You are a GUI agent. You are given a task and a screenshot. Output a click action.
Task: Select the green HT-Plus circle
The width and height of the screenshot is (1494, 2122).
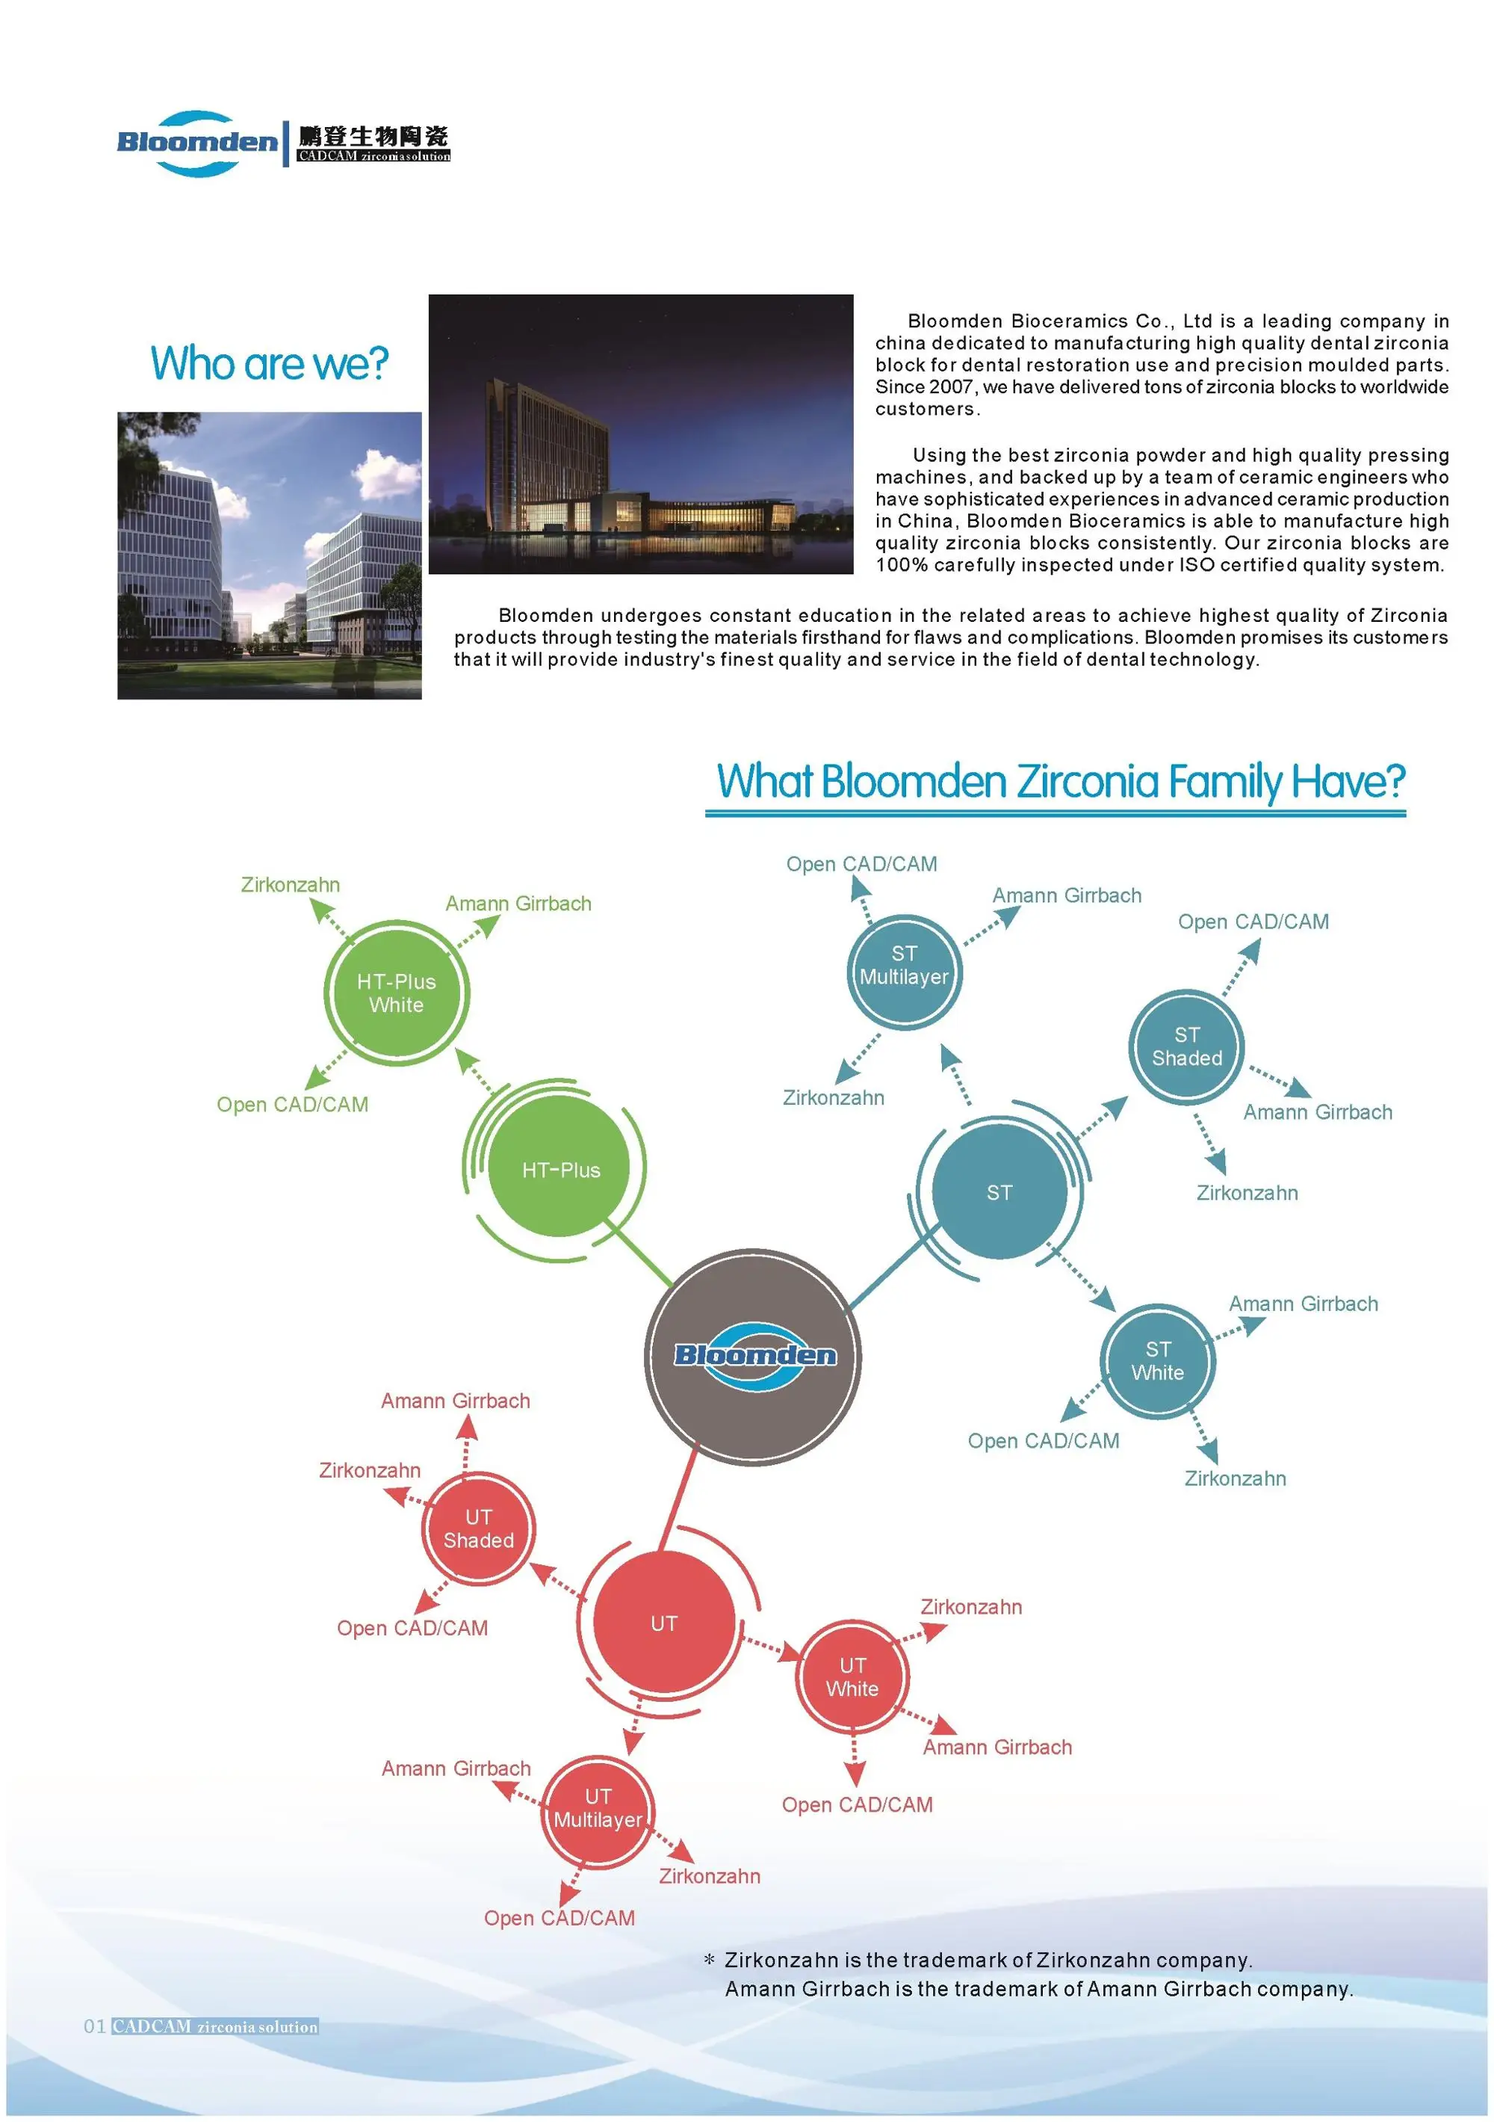click(560, 1170)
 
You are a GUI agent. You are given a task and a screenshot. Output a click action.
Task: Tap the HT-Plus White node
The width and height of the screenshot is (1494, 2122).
click(397, 993)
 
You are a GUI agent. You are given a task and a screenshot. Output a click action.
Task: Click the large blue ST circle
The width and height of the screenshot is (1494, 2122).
click(999, 1192)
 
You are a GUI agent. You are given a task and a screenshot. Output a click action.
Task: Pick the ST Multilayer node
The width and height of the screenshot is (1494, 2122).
click(904, 966)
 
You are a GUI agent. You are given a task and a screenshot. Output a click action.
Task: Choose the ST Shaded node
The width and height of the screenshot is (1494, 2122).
click(1186, 1046)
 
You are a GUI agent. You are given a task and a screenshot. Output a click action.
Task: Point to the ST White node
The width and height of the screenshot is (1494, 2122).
click(1157, 1360)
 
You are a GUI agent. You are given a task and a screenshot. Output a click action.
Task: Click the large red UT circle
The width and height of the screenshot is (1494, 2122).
click(663, 1623)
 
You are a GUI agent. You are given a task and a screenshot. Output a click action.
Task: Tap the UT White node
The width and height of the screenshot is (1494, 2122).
click(852, 1677)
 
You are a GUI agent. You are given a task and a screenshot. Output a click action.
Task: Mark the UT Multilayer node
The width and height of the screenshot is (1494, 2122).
click(598, 1808)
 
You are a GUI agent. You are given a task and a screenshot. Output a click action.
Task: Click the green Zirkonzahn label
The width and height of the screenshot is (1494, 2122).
click(290, 884)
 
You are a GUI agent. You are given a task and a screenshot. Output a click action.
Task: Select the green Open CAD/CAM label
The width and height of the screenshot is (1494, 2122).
click(292, 1105)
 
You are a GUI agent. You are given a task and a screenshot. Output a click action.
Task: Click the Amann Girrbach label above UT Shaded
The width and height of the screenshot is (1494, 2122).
click(456, 1401)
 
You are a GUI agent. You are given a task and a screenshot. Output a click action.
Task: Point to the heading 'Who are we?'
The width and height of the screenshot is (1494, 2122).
click(269, 363)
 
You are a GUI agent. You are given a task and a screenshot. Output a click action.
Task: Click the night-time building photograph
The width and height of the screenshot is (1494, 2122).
click(640, 434)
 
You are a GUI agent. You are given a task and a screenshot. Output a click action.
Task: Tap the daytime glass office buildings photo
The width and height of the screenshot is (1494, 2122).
click(269, 555)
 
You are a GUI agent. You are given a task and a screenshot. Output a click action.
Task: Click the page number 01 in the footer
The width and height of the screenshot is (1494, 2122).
click(94, 2027)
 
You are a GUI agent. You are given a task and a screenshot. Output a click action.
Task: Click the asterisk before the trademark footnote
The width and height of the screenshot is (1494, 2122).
click(709, 1961)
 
